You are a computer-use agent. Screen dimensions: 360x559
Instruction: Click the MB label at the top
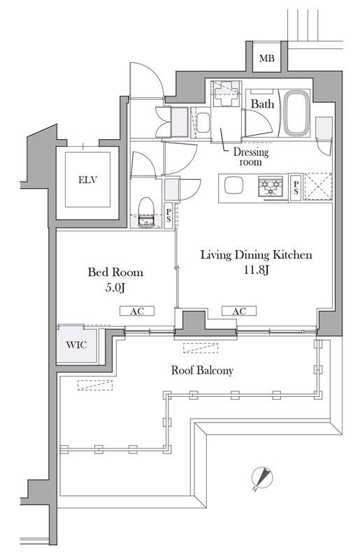(x=266, y=58)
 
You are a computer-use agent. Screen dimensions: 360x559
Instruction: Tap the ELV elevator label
(x=87, y=180)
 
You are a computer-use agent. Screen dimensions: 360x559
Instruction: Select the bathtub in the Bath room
(x=296, y=113)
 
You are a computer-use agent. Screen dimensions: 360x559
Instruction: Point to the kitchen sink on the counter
(x=233, y=185)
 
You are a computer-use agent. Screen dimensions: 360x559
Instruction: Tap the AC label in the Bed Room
(x=137, y=311)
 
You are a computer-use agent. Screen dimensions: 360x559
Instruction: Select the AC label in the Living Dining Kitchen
(x=239, y=311)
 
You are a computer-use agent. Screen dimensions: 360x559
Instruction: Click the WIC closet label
(x=76, y=344)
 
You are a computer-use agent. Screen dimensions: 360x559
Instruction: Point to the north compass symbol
(x=262, y=478)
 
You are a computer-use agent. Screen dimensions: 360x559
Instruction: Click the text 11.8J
(x=256, y=270)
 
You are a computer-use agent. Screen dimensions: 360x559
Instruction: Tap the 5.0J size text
(x=115, y=287)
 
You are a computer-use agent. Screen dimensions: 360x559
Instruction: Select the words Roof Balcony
(x=202, y=370)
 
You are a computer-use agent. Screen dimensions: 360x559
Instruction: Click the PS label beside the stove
(x=296, y=187)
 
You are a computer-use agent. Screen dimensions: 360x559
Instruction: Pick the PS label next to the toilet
(x=168, y=216)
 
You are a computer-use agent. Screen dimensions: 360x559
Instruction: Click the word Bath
(x=263, y=103)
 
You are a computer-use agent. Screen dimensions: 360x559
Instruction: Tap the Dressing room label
(x=251, y=157)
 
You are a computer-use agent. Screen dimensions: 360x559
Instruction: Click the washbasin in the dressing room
(x=203, y=123)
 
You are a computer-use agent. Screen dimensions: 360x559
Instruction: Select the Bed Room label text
(x=115, y=273)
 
